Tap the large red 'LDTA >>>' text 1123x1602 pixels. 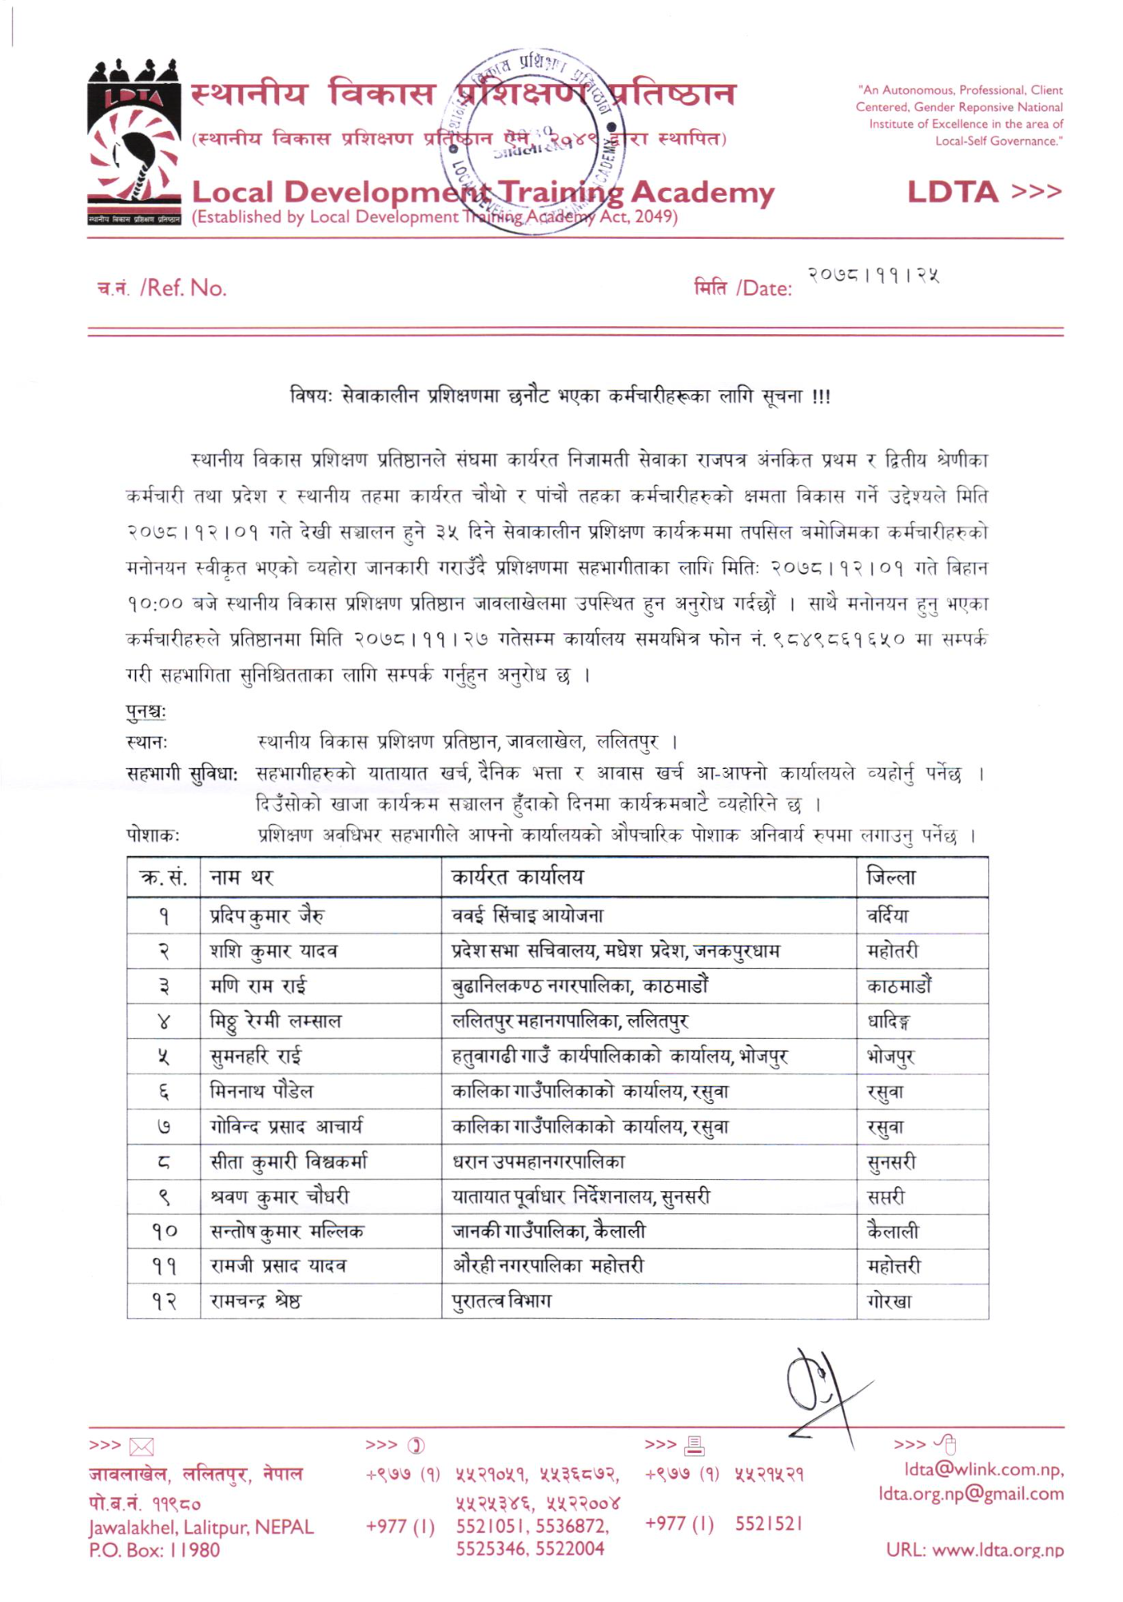coord(984,192)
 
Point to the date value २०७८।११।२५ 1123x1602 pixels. coord(873,275)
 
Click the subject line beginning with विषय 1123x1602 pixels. coord(560,397)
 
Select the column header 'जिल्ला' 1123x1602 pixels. coord(891,878)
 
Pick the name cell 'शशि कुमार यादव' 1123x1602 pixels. coord(274,952)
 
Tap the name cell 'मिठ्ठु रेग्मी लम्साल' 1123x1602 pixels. coord(276,1022)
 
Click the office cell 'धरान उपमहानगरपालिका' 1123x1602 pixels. coord(538,1162)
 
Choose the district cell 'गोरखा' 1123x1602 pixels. coord(889,1302)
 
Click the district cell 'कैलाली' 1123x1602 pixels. coord(892,1232)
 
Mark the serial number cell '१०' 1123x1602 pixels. coord(164,1232)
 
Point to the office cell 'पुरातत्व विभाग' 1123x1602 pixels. coord(501,1302)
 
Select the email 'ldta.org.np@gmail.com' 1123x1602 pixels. coord(971,1493)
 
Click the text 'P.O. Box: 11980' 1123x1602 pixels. coord(155,1550)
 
